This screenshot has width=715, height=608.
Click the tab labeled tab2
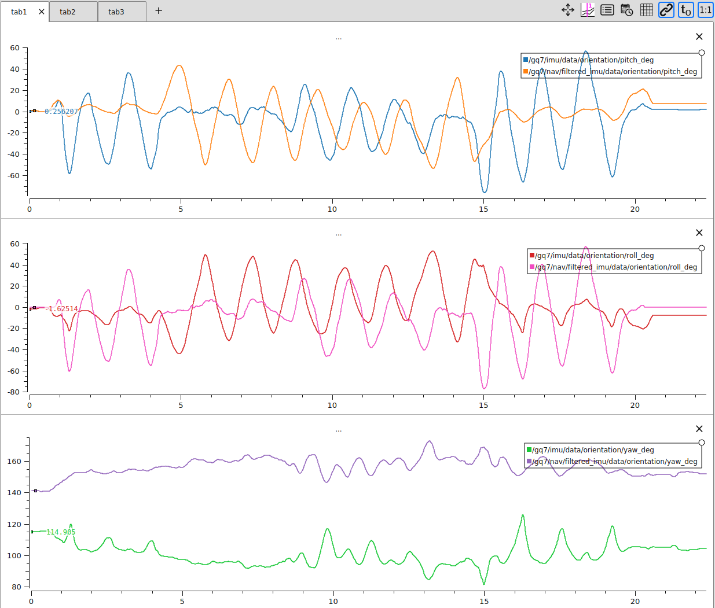[x=68, y=12]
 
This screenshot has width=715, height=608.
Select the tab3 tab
[x=116, y=12]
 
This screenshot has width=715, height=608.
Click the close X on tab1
[x=42, y=12]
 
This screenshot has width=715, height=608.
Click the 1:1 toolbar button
[x=706, y=10]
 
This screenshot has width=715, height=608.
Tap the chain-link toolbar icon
[x=666, y=10]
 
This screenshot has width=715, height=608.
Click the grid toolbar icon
[x=647, y=10]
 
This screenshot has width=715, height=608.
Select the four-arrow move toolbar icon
[x=568, y=10]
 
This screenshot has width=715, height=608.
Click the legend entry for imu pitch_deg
[x=591, y=60]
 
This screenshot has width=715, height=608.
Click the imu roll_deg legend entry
[x=593, y=256]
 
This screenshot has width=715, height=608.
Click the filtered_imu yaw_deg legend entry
[x=614, y=462]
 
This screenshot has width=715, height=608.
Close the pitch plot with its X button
[x=699, y=36]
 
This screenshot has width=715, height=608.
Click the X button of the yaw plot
[x=699, y=429]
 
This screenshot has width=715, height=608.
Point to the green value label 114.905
[x=61, y=532]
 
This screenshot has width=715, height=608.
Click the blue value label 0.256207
[x=61, y=112]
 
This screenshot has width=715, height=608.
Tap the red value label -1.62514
[x=62, y=309]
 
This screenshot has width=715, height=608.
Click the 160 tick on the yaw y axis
[x=14, y=462]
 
